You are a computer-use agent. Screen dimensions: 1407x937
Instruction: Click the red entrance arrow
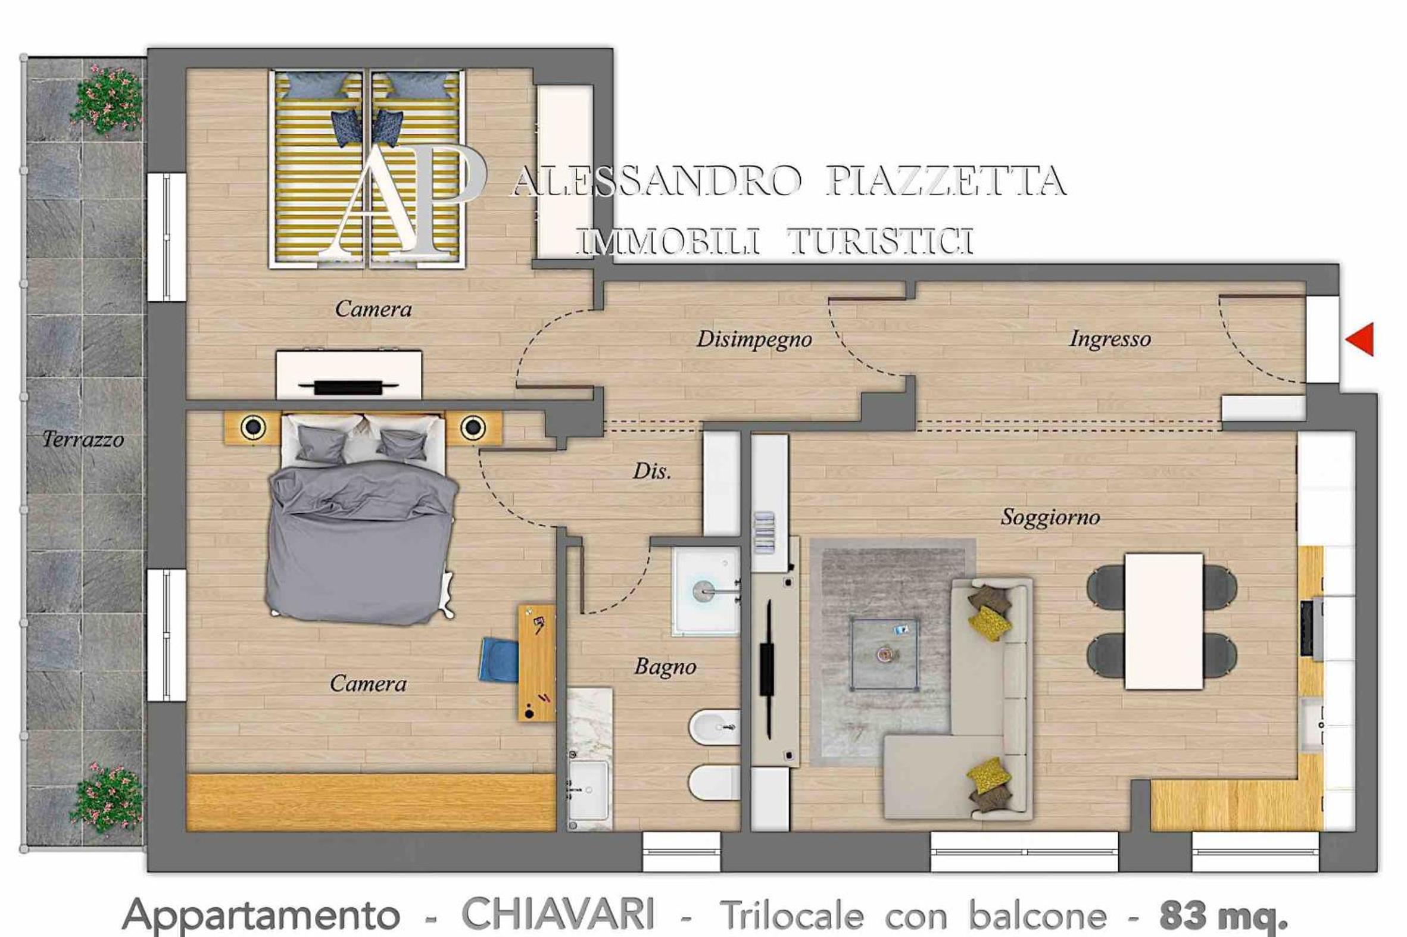[1361, 339]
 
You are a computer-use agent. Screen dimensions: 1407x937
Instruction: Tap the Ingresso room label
[1110, 339]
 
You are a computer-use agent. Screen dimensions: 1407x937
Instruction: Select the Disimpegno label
[754, 339]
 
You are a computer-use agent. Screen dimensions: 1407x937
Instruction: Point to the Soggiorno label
[1050, 517]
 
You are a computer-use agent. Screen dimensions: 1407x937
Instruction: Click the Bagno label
[665, 666]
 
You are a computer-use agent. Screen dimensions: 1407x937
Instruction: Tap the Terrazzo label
[83, 440]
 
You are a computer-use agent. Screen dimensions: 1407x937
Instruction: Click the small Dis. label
[652, 471]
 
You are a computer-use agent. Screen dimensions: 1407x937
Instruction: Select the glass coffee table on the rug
[885, 654]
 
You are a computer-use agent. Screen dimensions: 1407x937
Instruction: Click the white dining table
[1163, 621]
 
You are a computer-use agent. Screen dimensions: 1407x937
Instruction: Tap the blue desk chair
[498, 660]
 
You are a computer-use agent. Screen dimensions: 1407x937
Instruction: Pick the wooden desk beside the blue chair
[536, 663]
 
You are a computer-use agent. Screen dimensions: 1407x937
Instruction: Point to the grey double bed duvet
[361, 541]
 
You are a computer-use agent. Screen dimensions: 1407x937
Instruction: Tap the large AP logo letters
[407, 201]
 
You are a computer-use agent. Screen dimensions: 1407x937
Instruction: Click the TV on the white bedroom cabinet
[349, 387]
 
